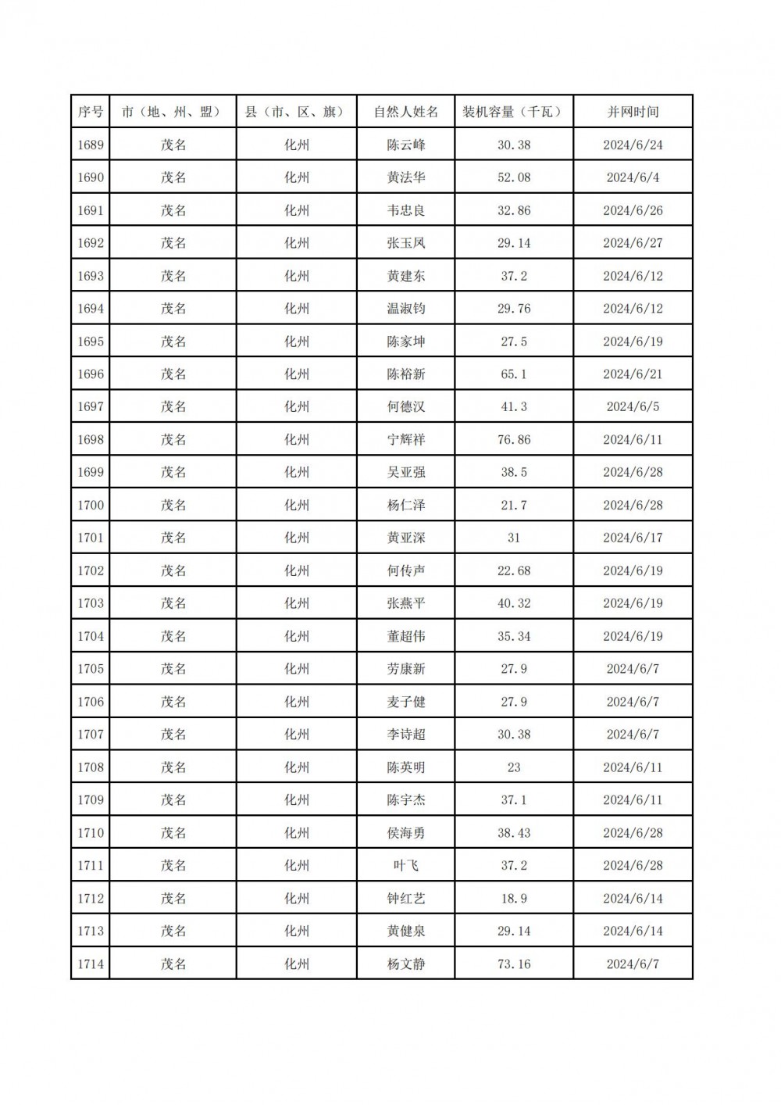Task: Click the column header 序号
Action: tap(91, 112)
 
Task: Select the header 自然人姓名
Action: tap(406, 112)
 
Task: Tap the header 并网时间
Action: tap(633, 112)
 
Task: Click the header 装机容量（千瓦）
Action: tap(514, 112)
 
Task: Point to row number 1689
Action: tap(91, 145)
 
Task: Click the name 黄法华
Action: tap(406, 177)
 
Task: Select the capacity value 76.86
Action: tap(514, 439)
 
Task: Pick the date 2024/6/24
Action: tap(633, 145)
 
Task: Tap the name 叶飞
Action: tap(406, 865)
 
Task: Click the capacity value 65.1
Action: tap(514, 374)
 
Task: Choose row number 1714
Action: tap(91, 964)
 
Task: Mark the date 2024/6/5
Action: tap(633, 406)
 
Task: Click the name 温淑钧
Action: tap(406, 309)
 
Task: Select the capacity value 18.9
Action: tap(514, 898)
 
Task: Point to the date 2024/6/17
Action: tap(633, 538)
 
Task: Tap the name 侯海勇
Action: tap(406, 832)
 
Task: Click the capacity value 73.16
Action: tap(514, 964)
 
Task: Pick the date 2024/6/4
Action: tap(633, 177)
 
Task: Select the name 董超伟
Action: tap(406, 636)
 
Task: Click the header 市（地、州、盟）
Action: tap(173, 112)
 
